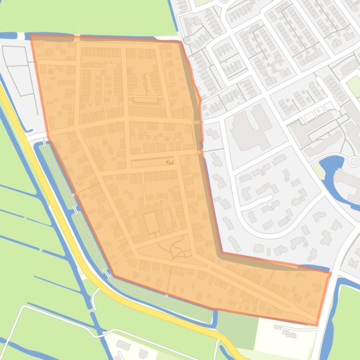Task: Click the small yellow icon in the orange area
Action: pyautogui.click(x=169, y=162)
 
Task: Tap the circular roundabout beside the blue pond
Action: pyautogui.click(x=354, y=162)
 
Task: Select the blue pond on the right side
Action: pyautogui.click(x=334, y=175)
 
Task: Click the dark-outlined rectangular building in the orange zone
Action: pyautogui.click(x=151, y=222)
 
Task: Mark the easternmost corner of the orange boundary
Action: pyautogui.click(x=331, y=273)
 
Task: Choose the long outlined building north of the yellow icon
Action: pyautogui.click(x=145, y=100)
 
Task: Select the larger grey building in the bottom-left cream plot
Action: pyautogui.click(x=123, y=345)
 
